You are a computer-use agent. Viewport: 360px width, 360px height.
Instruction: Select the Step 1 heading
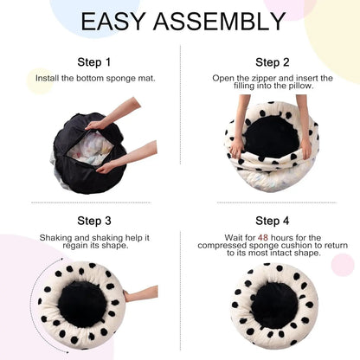tap(93, 62)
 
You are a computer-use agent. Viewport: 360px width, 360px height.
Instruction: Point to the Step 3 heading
tap(93, 221)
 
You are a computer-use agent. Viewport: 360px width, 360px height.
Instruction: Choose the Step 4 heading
tap(273, 221)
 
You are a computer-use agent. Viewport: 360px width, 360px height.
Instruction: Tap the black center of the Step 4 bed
tap(273, 305)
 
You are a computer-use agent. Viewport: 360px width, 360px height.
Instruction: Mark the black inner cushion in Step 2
tap(271, 134)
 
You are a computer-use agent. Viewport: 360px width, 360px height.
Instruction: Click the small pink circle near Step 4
tap(343, 265)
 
